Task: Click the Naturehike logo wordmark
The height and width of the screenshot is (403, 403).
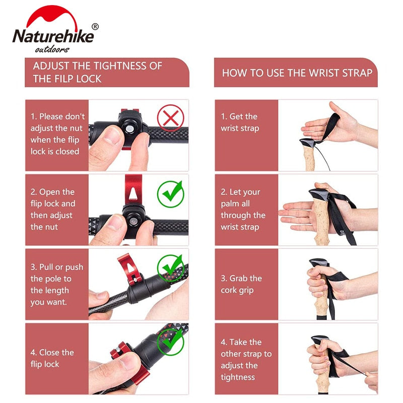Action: coord(53,37)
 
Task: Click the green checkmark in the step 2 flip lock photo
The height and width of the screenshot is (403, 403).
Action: coord(171,194)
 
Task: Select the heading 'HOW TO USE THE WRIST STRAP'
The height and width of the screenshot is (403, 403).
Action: coord(297,73)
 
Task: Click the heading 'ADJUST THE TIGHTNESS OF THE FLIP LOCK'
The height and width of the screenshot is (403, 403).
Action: coord(97,72)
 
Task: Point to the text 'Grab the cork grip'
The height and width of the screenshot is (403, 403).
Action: coord(241,284)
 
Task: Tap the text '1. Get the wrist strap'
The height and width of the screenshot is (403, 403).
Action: coord(240,122)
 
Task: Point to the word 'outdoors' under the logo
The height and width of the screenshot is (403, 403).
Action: coord(52,49)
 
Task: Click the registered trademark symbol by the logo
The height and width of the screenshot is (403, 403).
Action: coord(95,27)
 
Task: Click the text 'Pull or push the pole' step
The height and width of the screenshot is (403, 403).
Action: coord(56,284)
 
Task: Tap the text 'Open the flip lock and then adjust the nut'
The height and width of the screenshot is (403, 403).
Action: coord(53,209)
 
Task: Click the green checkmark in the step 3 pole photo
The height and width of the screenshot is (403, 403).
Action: coord(171,267)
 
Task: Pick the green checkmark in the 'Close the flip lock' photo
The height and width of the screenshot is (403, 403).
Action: coord(171,342)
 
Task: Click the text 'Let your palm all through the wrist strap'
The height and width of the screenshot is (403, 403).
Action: coord(243,210)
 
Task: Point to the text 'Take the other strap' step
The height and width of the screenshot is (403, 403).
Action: coord(246,359)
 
